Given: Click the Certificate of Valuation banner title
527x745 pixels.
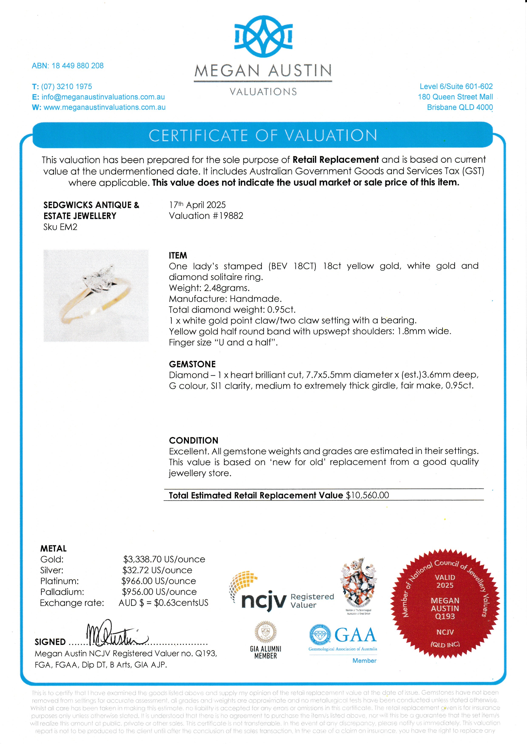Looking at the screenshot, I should pos(263,136).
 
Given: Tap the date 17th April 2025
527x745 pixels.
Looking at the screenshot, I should pos(197,205).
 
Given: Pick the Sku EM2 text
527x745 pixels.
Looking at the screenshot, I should pos(60,227).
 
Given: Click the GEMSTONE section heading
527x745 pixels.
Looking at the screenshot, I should pos(192,364).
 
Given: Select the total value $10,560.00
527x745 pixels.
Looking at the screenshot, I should pos(367,495).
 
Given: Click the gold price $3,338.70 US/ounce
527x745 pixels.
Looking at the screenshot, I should pos(164,559).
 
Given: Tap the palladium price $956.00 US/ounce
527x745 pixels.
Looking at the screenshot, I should pos(159,592).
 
